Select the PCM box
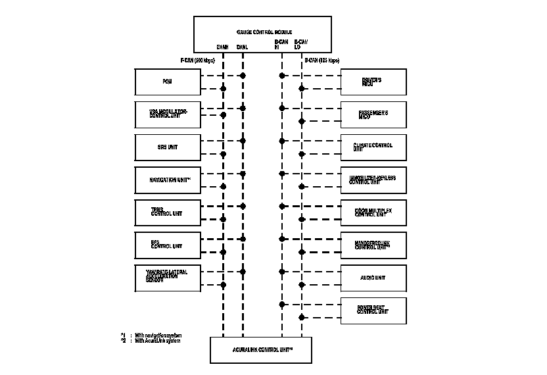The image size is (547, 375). tap(167, 82)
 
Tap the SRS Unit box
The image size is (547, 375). tap(167, 147)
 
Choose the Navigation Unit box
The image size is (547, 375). tap(167, 180)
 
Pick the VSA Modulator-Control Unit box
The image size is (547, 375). tap(167, 114)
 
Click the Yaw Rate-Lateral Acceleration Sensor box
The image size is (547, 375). tap(167, 278)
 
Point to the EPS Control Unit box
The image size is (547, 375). tap(167, 245)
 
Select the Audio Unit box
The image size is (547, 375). tap(373, 278)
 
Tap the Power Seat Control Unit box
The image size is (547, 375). tap(373, 310)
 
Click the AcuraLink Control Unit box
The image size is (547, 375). tap(260, 349)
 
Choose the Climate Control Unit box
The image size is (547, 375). tap(373, 147)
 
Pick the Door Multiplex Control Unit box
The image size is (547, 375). tap(373, 212)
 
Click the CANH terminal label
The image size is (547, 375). tap(223, 47)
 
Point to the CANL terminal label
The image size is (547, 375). tap(242, 47)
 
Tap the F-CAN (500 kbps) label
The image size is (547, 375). tap(198, 61)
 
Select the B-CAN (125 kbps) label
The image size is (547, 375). tap(321, 61)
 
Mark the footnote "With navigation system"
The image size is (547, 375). tap(158, 336)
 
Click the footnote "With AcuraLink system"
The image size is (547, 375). tap(157, 341)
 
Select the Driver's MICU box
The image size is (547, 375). tap(373, 82)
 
